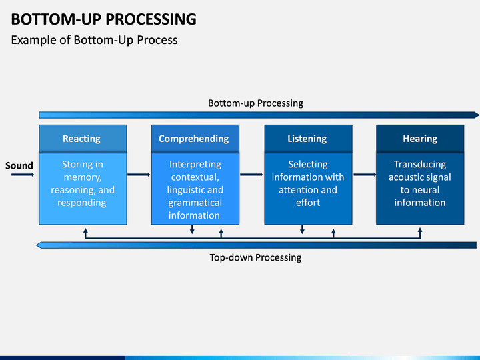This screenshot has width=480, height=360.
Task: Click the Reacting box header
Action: point(83,139)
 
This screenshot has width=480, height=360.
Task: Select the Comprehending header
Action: point(195,139)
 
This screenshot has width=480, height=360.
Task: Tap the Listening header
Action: point(308,139)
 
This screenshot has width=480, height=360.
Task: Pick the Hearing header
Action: point(420,139)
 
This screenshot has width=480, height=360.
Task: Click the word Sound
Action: point(19,165)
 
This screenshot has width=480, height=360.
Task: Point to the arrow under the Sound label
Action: point(23,175)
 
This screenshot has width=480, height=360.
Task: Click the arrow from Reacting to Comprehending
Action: point(139,175)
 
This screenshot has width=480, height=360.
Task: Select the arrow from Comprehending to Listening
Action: point(251,175)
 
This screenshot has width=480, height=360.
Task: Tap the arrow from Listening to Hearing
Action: point(365,175)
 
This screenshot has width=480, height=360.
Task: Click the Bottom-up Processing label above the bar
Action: point(255,103)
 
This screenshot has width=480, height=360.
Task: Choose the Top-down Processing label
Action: point(255,257)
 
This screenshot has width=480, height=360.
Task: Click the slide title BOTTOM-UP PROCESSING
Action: point(104,19)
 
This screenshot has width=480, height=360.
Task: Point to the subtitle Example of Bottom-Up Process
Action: point(94,40)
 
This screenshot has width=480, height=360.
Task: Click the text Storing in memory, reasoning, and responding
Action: point(83,183)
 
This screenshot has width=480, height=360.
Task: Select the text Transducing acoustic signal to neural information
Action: point(420,183)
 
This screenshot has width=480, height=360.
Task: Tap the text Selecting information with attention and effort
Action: point(308,183)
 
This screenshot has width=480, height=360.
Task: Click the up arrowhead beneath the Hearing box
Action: point(420,229)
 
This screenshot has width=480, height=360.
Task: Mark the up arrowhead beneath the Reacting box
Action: point(86,230)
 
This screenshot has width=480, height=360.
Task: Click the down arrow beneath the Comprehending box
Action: point(192,229)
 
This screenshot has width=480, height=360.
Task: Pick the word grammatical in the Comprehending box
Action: point(195,203)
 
